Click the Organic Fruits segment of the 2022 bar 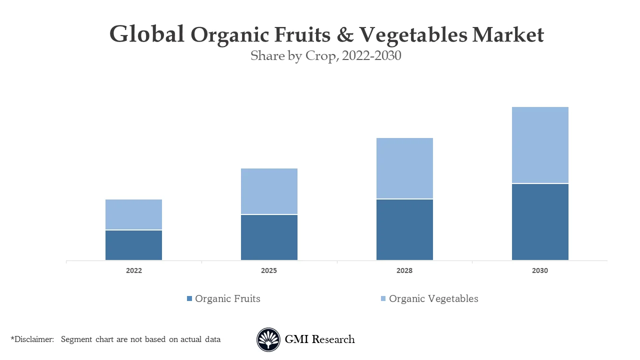pyautogui.click(x=133, y=245)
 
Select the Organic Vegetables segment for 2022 pyautogui.click(x=133, y=214)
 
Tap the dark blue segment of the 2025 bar pyautogui.click(x=269, y=237)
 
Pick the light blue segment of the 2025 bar pyautogui.click(x=269, y=191)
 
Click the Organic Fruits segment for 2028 pyautogui.click(x=404, y=229)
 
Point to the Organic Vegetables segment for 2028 pyautogui.click(x=404, y=168)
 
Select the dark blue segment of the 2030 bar pyautogui.click(x=540, y=222)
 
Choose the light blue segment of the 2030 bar pyautogui.click(x=540, y=145)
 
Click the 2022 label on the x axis pyautogui.click(x=133, y=270)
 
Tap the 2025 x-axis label pyautogui.click(x=269, y=270)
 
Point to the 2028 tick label pyautogui.click(x=404, y=270)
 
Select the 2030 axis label pyautogui.click(x=540, y=270)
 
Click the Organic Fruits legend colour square pyautogui.click(x=189, y=298)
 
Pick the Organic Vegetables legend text pyautogui.click(x=433, y=298)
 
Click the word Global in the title pyautogui.click(x=147, y=34)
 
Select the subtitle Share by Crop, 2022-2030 pyautogui.click(x=326, y=55)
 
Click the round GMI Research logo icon pyautogui.click(x=268, y=340)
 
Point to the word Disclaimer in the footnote pyautogui.click(x=33, y=339)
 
